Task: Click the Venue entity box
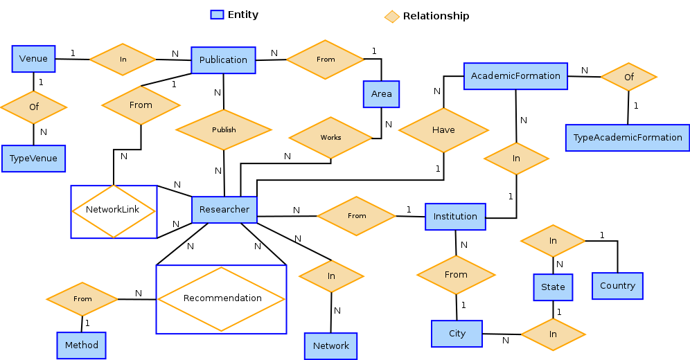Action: point(33,59)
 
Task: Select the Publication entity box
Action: point(223,60)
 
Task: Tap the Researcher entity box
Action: point(224,209)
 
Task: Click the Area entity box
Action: point(381,94)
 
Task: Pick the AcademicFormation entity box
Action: point(515,75)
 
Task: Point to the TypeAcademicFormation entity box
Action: point(628,138)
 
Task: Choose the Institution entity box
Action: point(455,217)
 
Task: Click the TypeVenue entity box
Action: point(33,159)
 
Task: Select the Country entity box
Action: point(617,286)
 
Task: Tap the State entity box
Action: point(553,287)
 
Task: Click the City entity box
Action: point(457,334)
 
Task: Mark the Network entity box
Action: point(331,346)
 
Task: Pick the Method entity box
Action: point(82,345)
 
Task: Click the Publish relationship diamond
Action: point(224,130)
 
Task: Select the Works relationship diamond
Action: point(330,138)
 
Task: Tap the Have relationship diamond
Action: point(443,130)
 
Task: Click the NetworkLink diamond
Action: point(114,210)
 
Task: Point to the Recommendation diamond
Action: point(222,299)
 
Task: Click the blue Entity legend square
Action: point(217,15)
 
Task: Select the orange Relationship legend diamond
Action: point(392,16)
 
